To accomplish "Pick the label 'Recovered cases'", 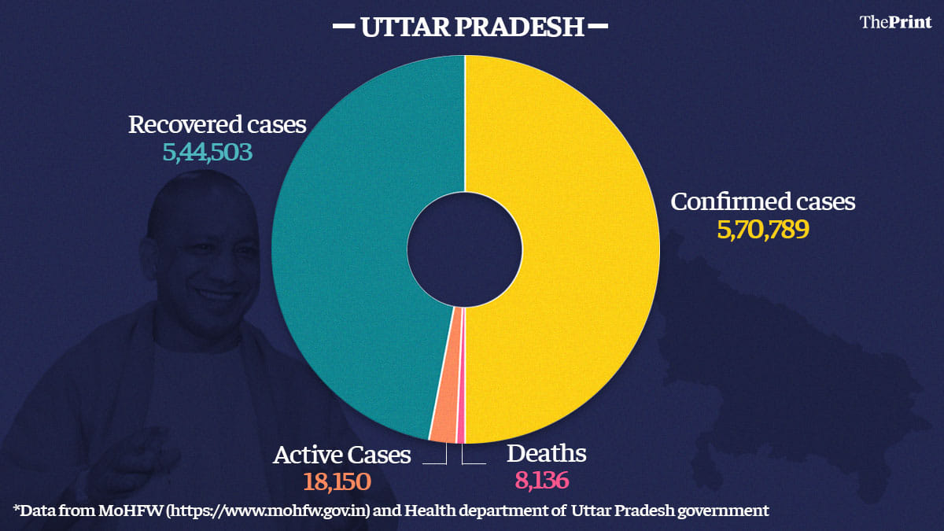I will pyautogui.click(x=217, y=124).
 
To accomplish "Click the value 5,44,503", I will pyautogui.click(x=208, y=152).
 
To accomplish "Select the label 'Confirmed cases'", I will pyautogui.click(x=762, y=201).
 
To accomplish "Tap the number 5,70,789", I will pyautogui.click(x=762, y=230).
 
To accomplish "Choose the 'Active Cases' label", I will pyautogui.click(x=342, y=455).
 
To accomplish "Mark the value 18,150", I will pyautogui.click(x=337, y=481).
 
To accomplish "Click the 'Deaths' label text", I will pyautogui.click(x=546, y=454).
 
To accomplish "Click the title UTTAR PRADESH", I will pyautogui.click(x=472, y=28).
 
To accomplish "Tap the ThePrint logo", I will pyautogui.click(x=895, y=22).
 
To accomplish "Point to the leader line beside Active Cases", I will pyautogui.click(x=434, y=463).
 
